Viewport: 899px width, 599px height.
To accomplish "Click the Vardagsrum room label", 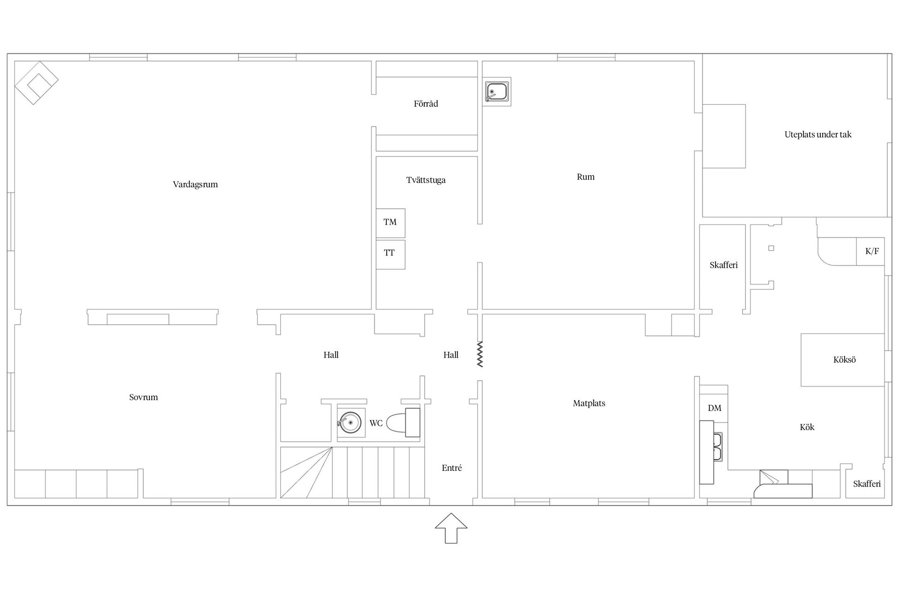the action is (x=195, y=184).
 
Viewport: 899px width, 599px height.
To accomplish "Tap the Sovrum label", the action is (x=143, y=397).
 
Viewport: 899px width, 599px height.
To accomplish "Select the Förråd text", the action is (x=426, y=104).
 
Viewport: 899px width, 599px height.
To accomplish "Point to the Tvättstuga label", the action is (x=426, y=180).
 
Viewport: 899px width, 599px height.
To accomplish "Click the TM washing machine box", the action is (x=391, y=223).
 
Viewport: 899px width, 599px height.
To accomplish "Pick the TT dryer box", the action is (x=391, y=255).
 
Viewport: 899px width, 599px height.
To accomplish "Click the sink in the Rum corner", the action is (x=497, y=91).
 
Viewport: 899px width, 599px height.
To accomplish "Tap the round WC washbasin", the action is (x=350, y=423).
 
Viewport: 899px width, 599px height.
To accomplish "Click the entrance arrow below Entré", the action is (x=451, y=528).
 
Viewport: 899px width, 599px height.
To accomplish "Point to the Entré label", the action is (x=452, y=468).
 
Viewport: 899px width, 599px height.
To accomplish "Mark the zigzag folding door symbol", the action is (x=479, y=354).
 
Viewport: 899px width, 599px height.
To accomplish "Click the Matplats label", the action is (x=589, y=403).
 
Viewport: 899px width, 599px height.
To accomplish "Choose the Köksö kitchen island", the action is (x=842, y=360).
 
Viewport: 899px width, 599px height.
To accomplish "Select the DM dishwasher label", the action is (x=715, y=408).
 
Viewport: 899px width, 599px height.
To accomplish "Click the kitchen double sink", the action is (x=717, y=446).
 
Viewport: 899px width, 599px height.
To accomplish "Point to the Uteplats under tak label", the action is (x=818, y=135).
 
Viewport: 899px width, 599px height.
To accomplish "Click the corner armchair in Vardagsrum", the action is (x=36, y=83).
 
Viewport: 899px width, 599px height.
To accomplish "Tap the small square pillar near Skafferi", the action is (x=771, y=248).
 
